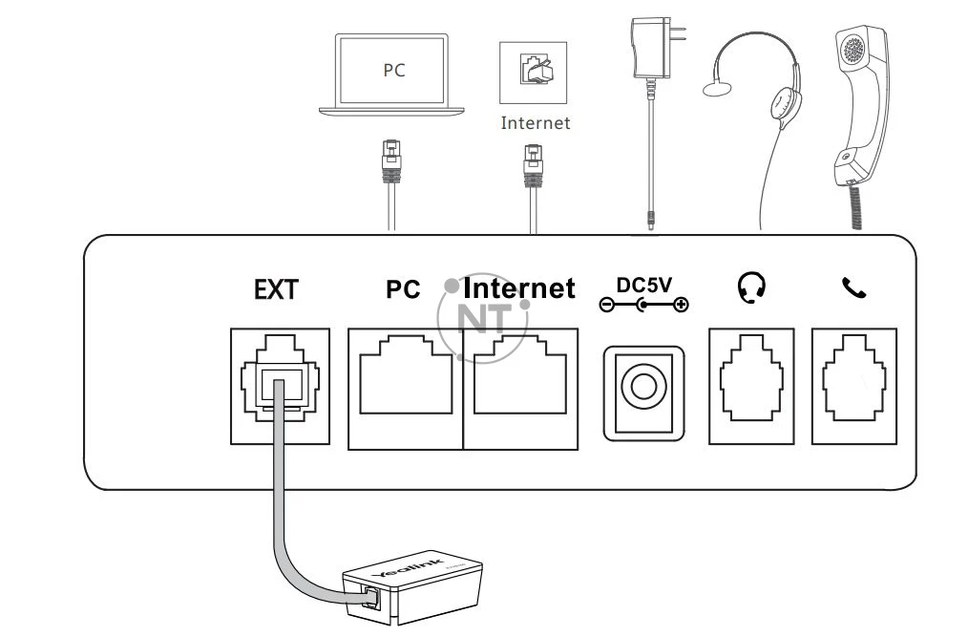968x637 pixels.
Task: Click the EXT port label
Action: (x=276, y=289)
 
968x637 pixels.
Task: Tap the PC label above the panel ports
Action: (x=403, y=289)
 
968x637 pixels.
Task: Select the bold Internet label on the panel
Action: (x=519, y=288)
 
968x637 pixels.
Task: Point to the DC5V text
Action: (x=644, y=285)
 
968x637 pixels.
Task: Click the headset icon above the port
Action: (x=751, y=287)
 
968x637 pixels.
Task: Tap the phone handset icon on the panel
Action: (x=852, y=287)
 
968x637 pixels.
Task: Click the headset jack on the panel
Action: (x=751, y=385)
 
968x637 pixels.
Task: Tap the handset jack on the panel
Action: (x=854, y=385)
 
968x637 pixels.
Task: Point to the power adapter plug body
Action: (x=652, y=53)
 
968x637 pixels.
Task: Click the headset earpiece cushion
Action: (x=785, y=102)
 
